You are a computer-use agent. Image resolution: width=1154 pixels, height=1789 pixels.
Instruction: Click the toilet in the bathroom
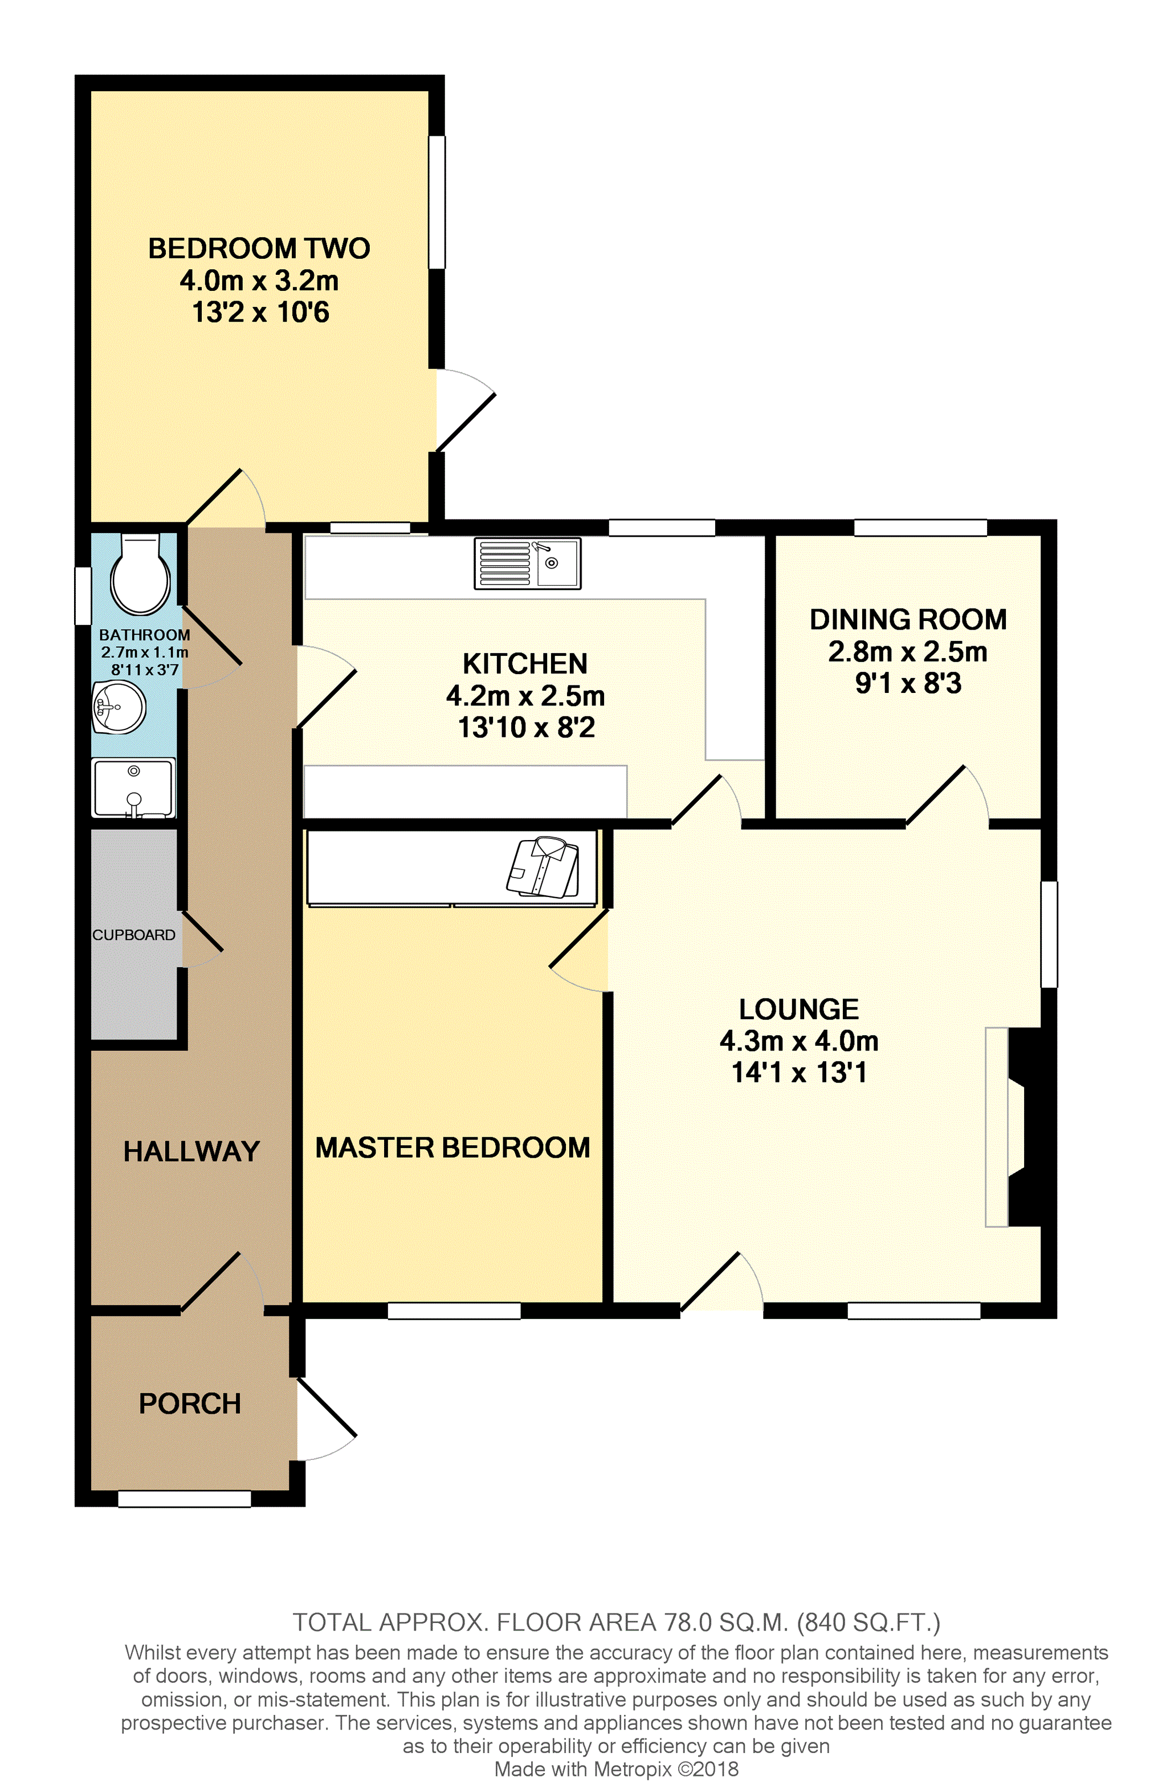pyautogui.click(x=140, y=574)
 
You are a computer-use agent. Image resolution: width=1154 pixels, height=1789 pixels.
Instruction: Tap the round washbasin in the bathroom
pyautogui.click(x=119, y=707)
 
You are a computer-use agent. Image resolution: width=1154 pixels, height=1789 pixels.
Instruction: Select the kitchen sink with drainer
pyautogui.click(x=527, y=563)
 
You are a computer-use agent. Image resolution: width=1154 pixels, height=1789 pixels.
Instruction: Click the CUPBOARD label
pyautogui.click(x=133, y=935)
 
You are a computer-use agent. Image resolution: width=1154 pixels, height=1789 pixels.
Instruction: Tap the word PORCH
pyautogui.click(x=190, y=1403)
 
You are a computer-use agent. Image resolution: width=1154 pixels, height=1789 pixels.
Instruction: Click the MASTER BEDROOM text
pyautogui.click(x=452, y=1147)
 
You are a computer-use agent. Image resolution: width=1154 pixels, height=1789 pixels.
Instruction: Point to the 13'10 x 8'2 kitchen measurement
pyautogui.click(x=526, y=727)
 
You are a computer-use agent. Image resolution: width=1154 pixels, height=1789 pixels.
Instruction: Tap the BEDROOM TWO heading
pyautogui.click(x=259, y=248)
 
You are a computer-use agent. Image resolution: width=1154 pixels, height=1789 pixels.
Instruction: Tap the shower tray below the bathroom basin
pyautogui.click(x=133, y=787)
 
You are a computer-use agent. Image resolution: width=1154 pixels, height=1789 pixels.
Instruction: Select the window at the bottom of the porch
pyautogui.click(x=184, y=1499)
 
